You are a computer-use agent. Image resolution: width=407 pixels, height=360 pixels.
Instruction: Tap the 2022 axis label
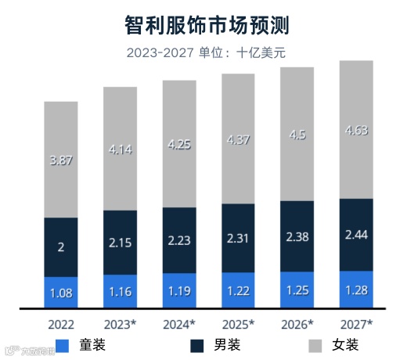[x=61, y=323]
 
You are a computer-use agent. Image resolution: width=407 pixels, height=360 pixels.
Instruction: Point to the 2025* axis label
[x=238, y=323]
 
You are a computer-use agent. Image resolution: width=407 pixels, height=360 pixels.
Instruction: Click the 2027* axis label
[x=356, y=323]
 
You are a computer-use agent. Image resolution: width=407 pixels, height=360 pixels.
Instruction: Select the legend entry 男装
[x=212, y=345]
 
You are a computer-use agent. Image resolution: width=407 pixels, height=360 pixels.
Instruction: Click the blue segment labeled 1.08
[x=61, y=293]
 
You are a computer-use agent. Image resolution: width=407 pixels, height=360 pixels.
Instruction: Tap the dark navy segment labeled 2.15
[x=120, y=243]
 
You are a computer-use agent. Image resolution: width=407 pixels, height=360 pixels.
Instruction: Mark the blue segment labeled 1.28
[x=356, y=290]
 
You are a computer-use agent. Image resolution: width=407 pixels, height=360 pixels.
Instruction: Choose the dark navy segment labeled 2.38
[x=297, y=236]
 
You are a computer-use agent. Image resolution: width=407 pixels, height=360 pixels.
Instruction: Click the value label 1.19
[x=179, y=291]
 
